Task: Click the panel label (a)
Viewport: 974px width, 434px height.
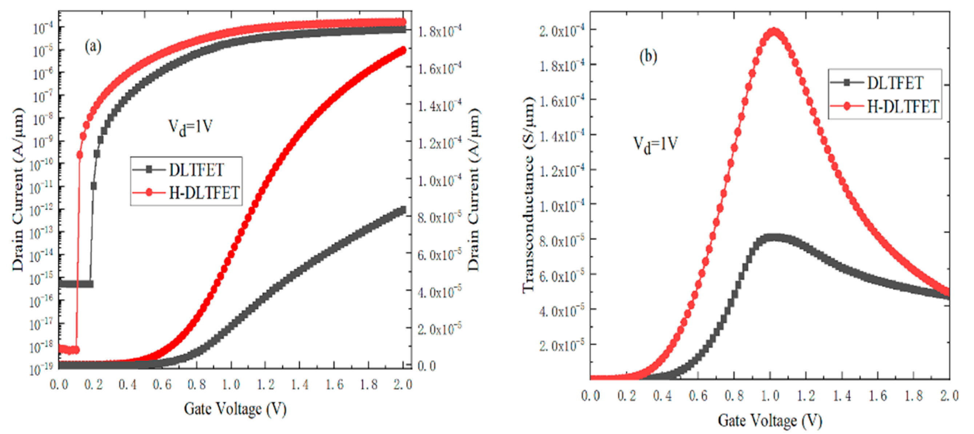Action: click(x=93, y=47)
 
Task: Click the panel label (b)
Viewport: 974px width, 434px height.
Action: click(x=648, y=57)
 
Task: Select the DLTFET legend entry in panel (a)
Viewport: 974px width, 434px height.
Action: click(x=196, y=170)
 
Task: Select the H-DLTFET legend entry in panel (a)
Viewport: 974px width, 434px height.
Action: click(x=203, y=192)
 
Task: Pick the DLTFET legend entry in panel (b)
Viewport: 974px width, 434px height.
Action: click(x=895, y=83)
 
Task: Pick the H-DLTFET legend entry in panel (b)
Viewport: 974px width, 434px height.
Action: click(x=902, y=106)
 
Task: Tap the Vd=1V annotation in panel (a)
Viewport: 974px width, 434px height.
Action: click(x=190, y=127)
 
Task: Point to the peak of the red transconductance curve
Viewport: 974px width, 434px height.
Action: click(x=774, y=31)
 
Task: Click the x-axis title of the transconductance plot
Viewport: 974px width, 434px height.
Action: click(x=770, y=421)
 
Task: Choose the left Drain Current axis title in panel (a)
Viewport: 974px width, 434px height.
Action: click(x=18, y=189)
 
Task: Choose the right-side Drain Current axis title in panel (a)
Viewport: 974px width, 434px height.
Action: click(x=474, y=189)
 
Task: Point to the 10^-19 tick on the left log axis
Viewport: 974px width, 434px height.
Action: click(x=41, y=369)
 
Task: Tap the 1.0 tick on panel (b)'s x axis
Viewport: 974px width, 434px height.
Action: click(x=770, y=396)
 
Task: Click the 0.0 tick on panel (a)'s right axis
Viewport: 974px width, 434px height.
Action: click(x=426, y=366)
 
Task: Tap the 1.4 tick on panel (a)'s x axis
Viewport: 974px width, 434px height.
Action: click(x=299, y=385)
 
